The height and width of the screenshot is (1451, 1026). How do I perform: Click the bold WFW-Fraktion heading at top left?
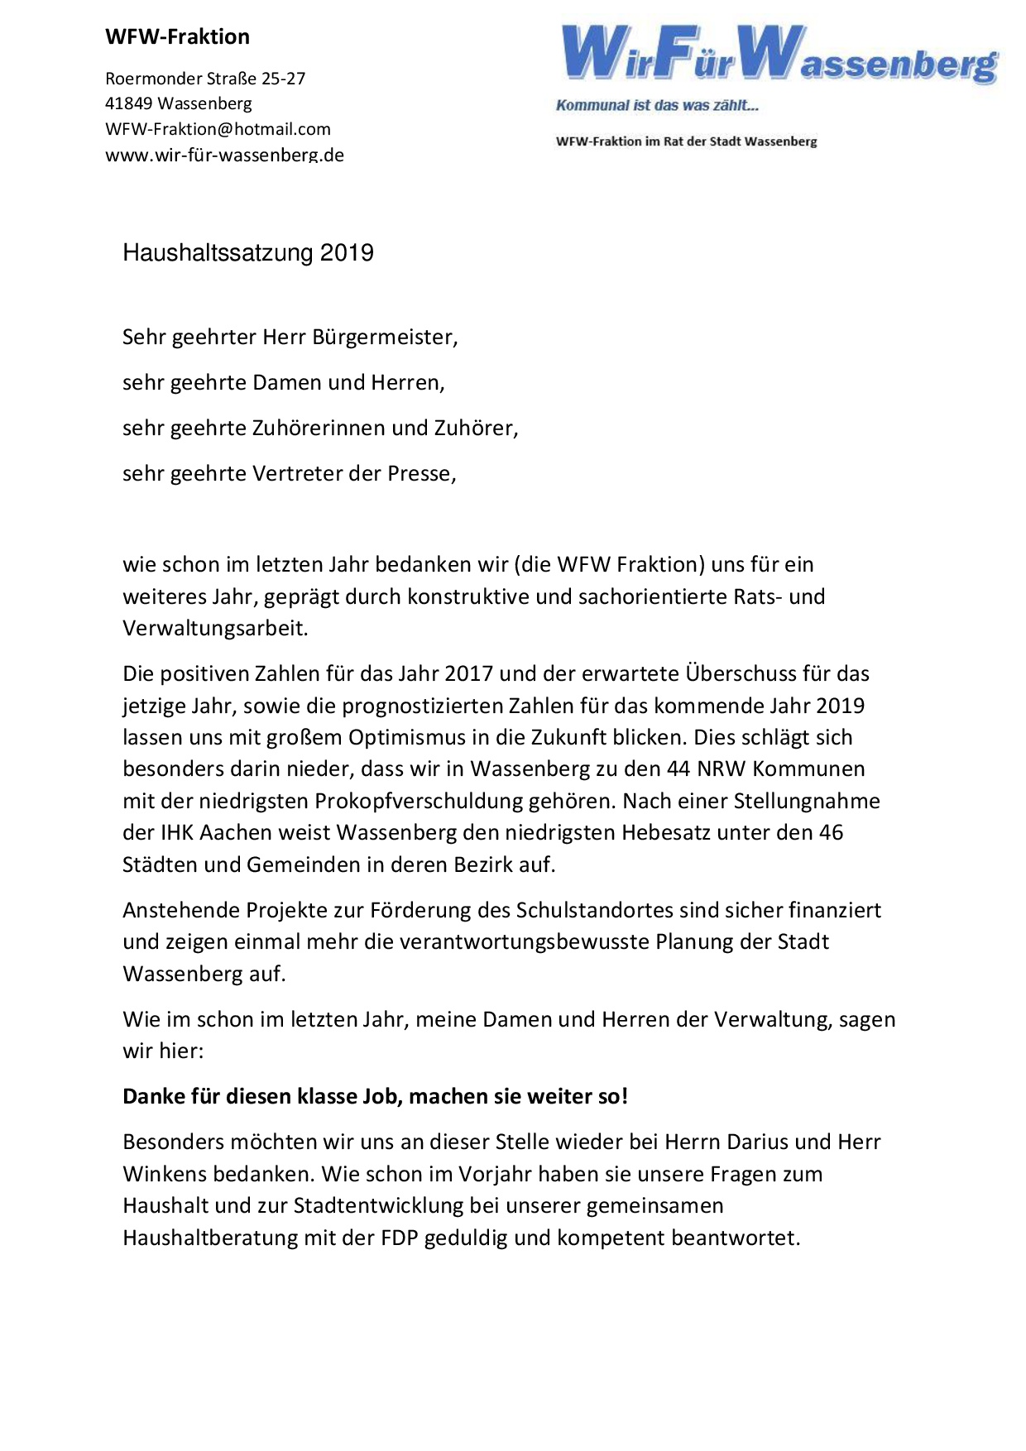[x=177, y=37]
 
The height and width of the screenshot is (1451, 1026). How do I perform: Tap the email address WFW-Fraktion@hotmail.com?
[x=218, y=129]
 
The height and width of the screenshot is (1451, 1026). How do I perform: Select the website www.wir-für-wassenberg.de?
[x=224, y=155]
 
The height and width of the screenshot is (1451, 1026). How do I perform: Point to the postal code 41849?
[x=128, y=103]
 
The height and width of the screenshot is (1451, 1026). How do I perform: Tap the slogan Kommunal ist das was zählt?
[x=657, y=105]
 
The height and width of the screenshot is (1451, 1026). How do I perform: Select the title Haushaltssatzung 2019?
[x=248, y=252]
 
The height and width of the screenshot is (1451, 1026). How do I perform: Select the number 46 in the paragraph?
[x=831, y=832]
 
